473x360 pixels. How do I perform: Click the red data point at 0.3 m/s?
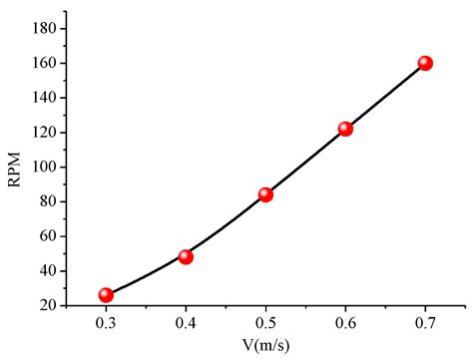(x=106, y=295)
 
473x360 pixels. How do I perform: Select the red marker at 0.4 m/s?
(x=186, y=256)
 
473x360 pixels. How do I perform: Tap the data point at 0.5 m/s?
(x=265, y=194)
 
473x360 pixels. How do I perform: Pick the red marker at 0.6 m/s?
(x=345, y=129)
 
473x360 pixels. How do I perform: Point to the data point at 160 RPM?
(x=425, y=63)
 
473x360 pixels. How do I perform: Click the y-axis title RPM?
(x=13, y=159)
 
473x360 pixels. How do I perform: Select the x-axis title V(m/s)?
(x=265, y=348)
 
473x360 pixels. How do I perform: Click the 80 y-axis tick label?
(x=47, y=201)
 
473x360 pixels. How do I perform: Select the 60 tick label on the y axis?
(x=47, y=236)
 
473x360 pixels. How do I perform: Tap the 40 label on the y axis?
(x=47, y=271)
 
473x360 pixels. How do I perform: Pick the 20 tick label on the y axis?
(x=47, y=305)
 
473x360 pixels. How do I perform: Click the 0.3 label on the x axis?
(x=106, y=323)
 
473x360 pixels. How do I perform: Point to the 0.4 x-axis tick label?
(x=186, y=323)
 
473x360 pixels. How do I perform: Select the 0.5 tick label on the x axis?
(x=265, y=323)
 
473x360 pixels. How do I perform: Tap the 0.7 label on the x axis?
(x=425, y=323)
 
